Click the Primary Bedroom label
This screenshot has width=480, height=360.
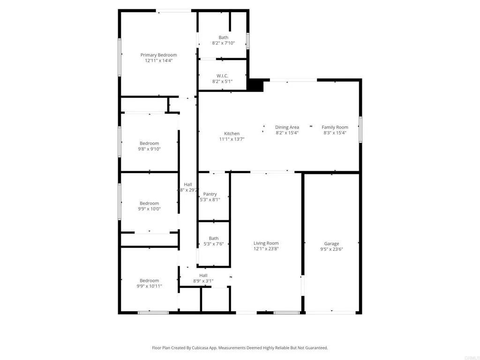[158, 55]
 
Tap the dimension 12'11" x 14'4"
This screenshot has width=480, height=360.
[158, 60]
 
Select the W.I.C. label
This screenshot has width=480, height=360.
[222, 75]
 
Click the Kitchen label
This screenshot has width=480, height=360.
[232, 134]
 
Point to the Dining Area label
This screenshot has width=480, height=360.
[287, 127]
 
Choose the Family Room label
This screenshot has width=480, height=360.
[335, 127]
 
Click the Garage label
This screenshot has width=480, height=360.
[331, 243]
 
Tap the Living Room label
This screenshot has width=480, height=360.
[266, 243]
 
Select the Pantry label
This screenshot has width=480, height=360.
[210, 194]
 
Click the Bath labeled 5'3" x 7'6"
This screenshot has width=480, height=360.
[213, 238]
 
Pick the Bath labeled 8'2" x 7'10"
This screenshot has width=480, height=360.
[223, 37]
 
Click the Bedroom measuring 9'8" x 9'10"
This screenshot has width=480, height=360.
[149, 143]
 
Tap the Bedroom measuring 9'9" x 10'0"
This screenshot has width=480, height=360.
[149, 203]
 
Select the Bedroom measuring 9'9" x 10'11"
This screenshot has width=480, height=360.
[149, 280]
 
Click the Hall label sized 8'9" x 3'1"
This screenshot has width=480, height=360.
[203, 275]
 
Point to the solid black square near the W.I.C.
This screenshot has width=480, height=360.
[255, 85]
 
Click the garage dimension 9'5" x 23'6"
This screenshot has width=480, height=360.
[331, 249]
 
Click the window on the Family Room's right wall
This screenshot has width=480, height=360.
[360, 129]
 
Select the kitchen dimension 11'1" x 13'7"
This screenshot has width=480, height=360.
[232, 139]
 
